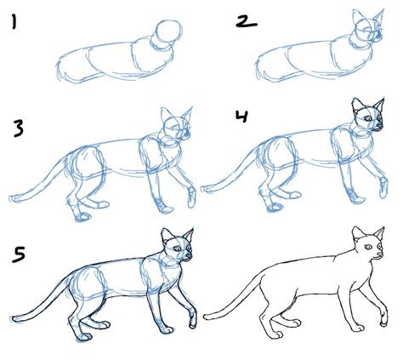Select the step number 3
point(18,129)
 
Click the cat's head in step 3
point(176,129)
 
